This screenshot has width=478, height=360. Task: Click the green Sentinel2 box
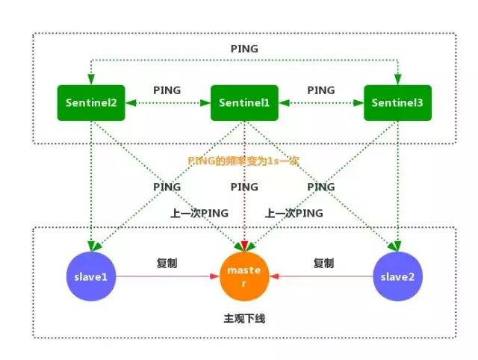(90, 102)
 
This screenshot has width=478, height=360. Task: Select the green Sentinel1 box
(245, 102)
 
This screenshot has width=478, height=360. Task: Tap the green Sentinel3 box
(398, 102)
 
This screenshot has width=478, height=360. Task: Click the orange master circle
(245, 277)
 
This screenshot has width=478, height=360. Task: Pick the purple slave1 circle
(90, 277)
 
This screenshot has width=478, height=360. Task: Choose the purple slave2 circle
(397, 277)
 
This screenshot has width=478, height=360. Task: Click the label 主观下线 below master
(244, 319)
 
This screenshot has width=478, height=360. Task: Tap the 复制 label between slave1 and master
(167, 264)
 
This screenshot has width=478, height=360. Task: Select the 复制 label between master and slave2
(323, 264)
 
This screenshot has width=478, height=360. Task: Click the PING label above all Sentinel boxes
(244, 49)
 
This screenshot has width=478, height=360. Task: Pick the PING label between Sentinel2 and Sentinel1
(167, 90)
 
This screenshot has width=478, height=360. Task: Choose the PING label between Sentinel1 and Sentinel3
(321, 90)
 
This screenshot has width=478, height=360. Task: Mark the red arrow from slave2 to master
(321, 277)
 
